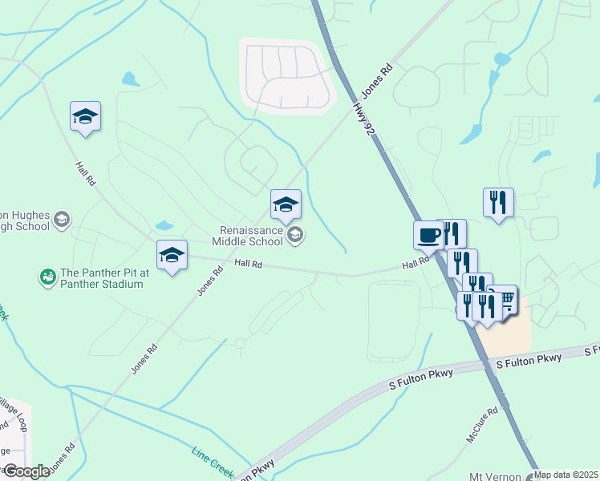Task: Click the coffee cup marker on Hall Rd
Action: click(x=428, y=236)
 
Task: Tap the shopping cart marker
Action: click(x=505, y=301)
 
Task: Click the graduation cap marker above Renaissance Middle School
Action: click(x=286, y=204)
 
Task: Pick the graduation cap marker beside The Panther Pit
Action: click(x=172, y=255)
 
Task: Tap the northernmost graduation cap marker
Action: click(x=85, y=116)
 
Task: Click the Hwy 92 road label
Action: click(x=363, y=116)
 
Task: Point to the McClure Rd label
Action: click(x=483, y=425)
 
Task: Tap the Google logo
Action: click(x=26, y=471)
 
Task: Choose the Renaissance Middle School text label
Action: click(x=247, y=234)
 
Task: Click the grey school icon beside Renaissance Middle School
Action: click(x=295, y=234)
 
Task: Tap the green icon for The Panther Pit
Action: click(x=48, y=277)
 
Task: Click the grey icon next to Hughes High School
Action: click(x=62, y=219)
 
